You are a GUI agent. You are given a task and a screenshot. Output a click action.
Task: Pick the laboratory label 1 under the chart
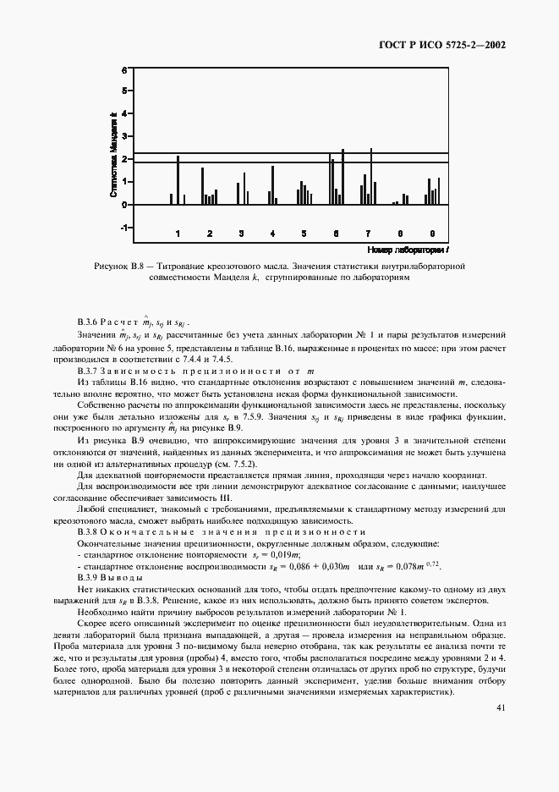178,233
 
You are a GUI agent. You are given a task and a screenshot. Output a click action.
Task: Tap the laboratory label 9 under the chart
432,233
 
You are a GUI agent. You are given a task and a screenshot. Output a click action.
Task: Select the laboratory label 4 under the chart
272,233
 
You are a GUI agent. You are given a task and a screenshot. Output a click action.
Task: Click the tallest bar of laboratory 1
178,180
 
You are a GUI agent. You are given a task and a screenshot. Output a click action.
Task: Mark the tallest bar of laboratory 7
370,176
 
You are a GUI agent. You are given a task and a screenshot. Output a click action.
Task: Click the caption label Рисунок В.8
119,267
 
